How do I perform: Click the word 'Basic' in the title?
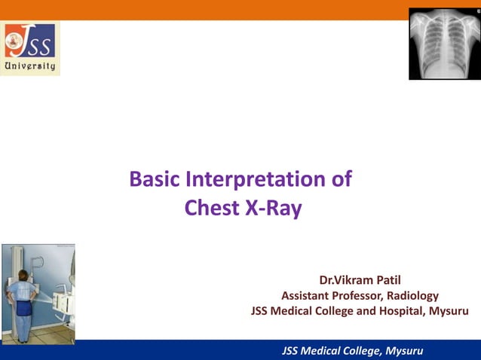click(x=155, y=180)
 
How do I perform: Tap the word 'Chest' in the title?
click(x=212, y=209)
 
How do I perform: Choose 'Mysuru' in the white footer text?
click(x=404, y=351)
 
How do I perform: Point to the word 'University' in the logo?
click(x=30, y=66)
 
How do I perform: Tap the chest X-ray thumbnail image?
click(x=444, y=44)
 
